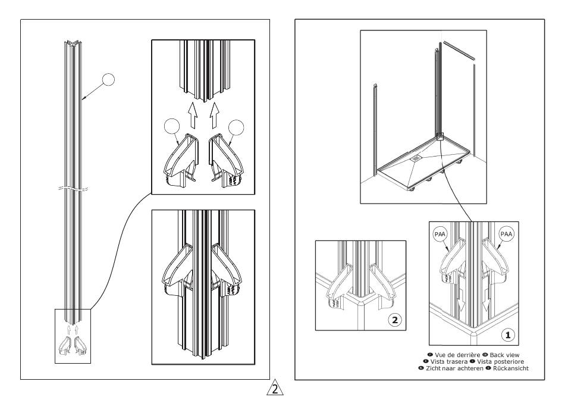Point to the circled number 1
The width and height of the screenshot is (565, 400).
coord(507,336)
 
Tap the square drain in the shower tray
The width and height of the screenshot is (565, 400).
coord(415,158)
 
